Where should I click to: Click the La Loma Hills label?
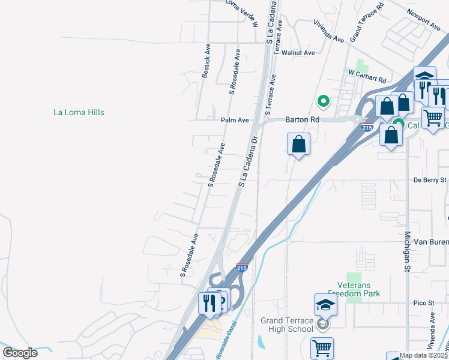(x=79, y=112)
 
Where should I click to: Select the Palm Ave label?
(x=235, y=120)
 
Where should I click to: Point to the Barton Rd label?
(x=302, y=120)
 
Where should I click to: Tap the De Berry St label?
(x=430, y=179)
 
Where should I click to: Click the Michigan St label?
(x=406, y=252)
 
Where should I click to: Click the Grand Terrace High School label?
(x=287, y=325)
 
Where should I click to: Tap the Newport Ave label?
(x=423, y=19)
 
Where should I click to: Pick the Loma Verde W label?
(x=242, y=13)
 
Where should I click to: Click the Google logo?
(x=20, y=353)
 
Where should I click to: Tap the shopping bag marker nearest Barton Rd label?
(x=298, y=144)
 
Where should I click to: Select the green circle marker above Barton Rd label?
(x=324, y=101)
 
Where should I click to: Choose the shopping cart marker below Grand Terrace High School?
(x=322, y=348)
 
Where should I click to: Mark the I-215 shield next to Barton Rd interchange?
(x=368, y=128)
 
